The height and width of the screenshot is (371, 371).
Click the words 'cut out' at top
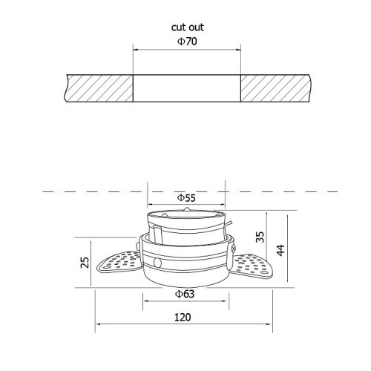[x=188, y=27]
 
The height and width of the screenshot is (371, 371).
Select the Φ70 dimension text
[x=187, y=42]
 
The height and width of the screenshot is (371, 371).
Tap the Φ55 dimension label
[x=186, y=197]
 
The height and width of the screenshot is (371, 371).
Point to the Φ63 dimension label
[x=185, y=294]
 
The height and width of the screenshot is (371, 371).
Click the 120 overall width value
[x=183, y=318]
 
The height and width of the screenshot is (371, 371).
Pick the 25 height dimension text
[x=85, y=263]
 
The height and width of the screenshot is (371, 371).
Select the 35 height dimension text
[x=260, y=237]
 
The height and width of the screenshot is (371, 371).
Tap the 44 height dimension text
[x=280, y=250]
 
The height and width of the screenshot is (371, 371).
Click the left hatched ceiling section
[x=99, y=88]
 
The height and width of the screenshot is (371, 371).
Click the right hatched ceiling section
[x=275, y=88]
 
